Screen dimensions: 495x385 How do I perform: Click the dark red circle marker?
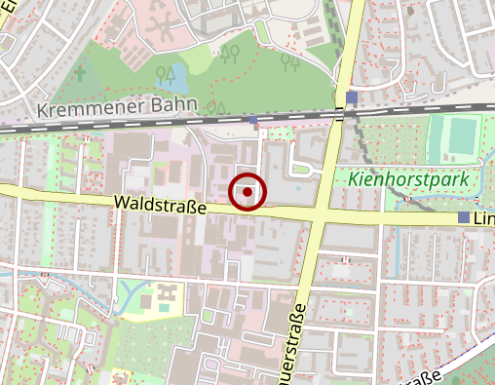click(248, 192)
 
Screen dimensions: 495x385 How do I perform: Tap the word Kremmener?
click(82, 107)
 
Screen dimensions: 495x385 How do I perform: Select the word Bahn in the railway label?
click(175, 104)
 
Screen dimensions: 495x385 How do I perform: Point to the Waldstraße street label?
click(160, 205)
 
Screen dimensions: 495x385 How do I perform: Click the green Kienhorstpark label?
click(408, 179)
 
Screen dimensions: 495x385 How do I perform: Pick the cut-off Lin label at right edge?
click(484, 220)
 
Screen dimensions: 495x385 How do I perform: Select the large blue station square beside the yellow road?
click(351, 97)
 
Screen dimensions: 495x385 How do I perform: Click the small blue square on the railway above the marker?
click(254, 121)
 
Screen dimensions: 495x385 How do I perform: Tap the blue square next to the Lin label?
click(464, 217)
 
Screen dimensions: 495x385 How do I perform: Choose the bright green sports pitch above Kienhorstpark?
click(455, 136)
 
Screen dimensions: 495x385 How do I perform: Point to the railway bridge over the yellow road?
click(339, 114)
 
